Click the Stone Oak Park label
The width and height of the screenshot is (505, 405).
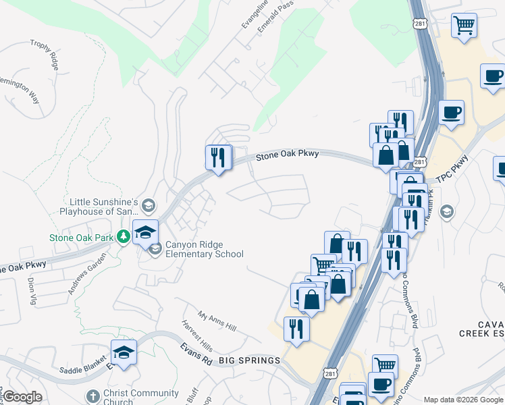tap(81, 237)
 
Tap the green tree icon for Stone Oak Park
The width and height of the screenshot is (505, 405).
tap(123, 237)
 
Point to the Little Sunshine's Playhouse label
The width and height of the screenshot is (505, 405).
tap(103, 207)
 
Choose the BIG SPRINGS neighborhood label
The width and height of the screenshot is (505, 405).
tap(249, 360)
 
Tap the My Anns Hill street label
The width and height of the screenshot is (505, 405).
tap(217, 321)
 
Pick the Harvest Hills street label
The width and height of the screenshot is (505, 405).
tap(196, 335)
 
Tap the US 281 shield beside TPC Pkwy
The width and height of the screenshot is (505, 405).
tap(420, 163)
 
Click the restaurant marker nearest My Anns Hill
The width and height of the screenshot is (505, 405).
tap(296, 329)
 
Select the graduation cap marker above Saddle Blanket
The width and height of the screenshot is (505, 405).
tap(124, 353)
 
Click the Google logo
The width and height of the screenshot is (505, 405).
tap(22, 397)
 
